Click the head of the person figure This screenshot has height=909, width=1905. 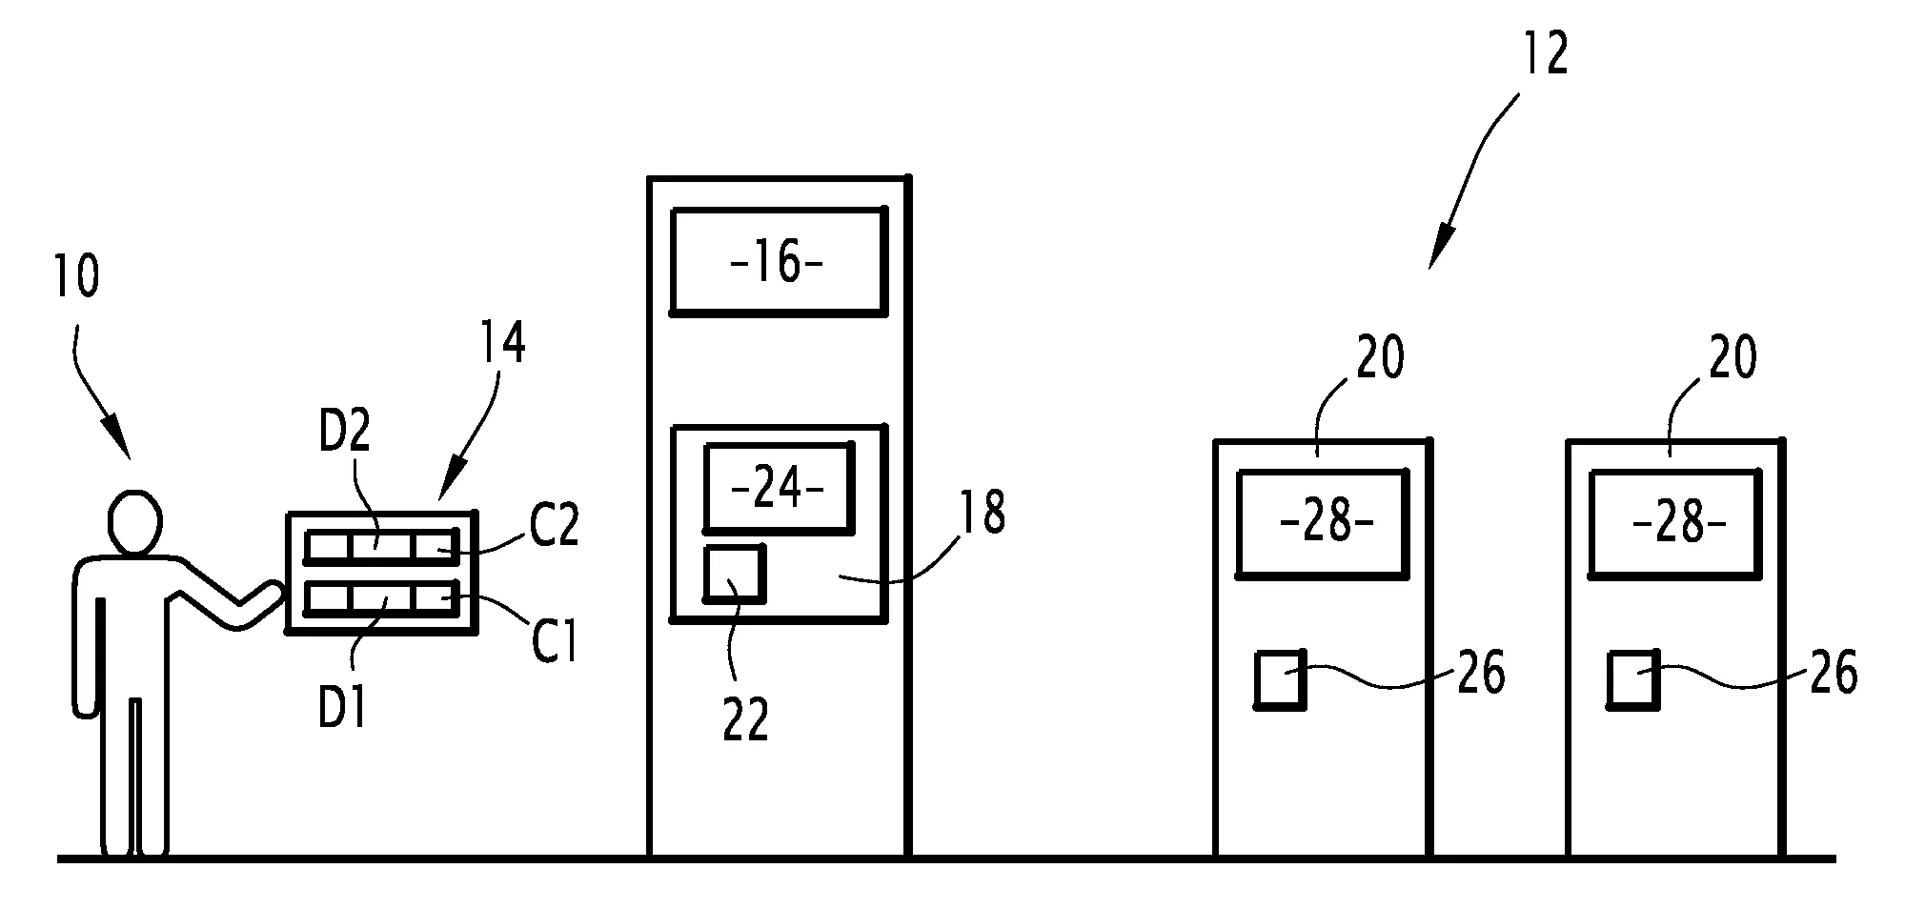pyautogui.click(x=133, y=522)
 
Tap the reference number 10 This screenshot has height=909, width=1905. pyautogui.click(x=76, y=277)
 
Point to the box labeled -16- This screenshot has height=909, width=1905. pyautogui.click(x=778, y=261)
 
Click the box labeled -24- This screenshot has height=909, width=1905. pyautogui.click(x=778, y=487)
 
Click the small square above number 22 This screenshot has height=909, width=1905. pyautogui.click(x=734, y=574)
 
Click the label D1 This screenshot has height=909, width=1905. pyautogui.click(x=343, y=707)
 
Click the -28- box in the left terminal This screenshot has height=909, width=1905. pyautogui.click(x=1323, y=523)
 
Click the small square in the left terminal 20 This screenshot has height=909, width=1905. pyautogui.click(x=1280, y=679)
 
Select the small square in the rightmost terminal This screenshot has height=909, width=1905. pyautogui.click(x=1633, y=679)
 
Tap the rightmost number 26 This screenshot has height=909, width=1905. pyautogui.click(x=1833, y=674)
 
